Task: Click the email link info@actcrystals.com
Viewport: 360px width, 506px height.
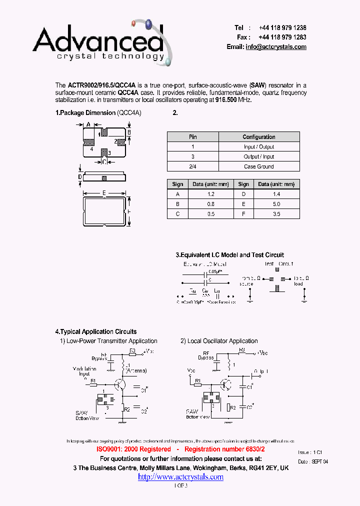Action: (x=276, y=46)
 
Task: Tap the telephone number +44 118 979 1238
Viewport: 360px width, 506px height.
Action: (x=282, y=28)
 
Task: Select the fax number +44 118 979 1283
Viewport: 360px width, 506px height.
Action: (x=282, y=37)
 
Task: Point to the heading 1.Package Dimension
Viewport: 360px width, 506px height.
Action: (x=85, y=113)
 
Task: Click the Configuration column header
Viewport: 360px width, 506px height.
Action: (x=259, y=137)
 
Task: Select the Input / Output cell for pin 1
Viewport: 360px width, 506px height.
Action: (x=259, y=147)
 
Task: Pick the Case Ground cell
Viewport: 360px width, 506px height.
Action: (x=259, y=166)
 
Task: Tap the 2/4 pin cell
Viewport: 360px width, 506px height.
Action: (x=192, y=166)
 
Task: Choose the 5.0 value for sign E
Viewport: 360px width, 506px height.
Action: (x=276, y=204)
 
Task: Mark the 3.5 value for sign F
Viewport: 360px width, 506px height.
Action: (x=276, y=214)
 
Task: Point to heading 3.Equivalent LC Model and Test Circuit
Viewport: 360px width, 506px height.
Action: (x=229, y=255)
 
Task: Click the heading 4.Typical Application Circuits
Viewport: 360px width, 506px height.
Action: (x=95, y=331)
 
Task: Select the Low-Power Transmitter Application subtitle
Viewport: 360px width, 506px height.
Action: (x=108, y=341)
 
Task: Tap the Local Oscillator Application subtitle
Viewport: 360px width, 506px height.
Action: (x=219, y=341)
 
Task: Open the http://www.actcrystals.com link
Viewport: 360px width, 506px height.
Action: (x=180, y=477)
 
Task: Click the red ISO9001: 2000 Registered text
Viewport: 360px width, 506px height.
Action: (x=133, y=449)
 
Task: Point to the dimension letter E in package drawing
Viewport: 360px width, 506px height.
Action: (x=104, y=192)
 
